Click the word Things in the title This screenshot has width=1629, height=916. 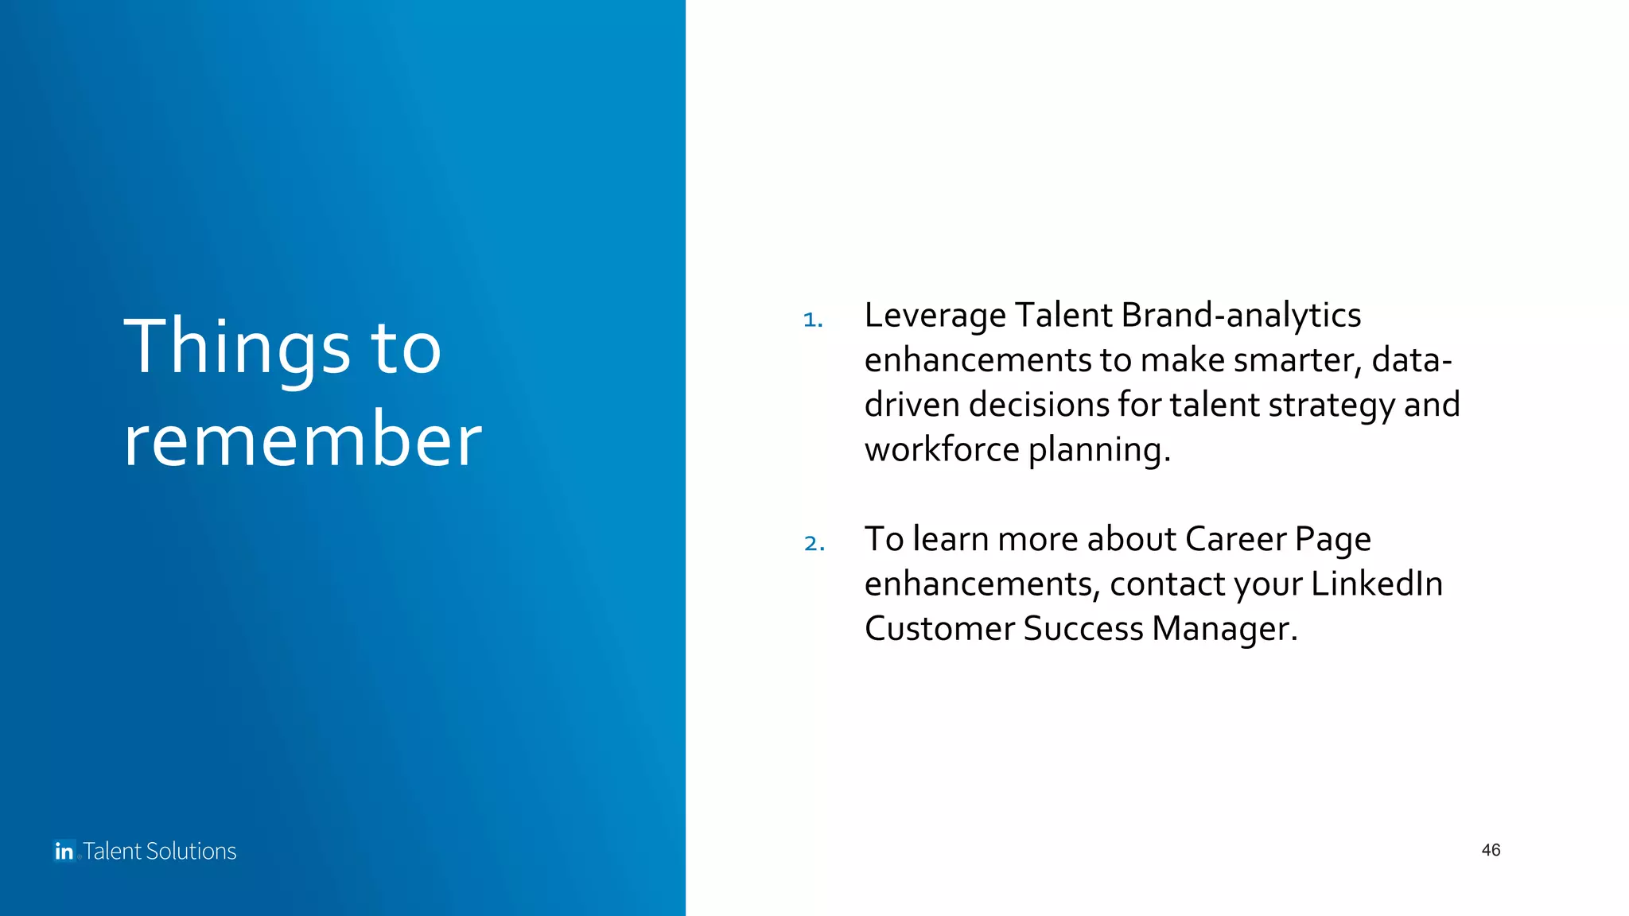point(236,347)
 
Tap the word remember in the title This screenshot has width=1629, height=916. point(302,439)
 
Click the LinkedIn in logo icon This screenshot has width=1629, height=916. point(64,851)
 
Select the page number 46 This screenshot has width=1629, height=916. point(1491,850)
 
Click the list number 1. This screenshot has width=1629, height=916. point(812,320)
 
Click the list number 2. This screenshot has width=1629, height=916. point(814,543)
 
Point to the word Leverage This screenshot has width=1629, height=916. point(935,316)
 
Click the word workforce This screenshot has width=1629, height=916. point(941,449)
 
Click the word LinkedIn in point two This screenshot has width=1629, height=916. point(1376,584)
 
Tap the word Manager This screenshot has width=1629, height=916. point(1224,629)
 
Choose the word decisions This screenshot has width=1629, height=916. point(1038,405)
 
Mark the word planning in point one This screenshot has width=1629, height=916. point(1098,450)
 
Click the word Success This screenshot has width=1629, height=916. point(1083,629)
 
